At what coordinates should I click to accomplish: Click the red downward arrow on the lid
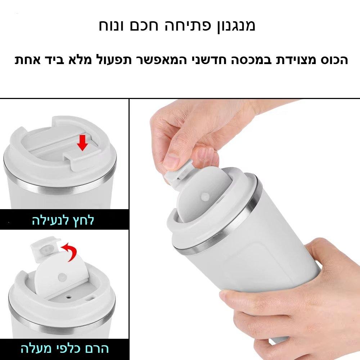click(x=82, y=143)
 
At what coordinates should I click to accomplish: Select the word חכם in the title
click(x=144, y=26)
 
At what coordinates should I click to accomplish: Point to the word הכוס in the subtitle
click(x=334, y=60)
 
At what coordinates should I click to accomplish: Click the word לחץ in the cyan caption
click(x=84, y=220)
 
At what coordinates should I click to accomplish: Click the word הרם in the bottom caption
click(x=96, y=348)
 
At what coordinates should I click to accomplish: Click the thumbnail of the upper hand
click(x=170, y=160)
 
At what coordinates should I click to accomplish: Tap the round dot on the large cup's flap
click(x=205, y=197)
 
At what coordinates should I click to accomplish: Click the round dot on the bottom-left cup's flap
click(x=62, y=277)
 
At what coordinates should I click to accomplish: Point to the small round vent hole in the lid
click(x=68, y=297)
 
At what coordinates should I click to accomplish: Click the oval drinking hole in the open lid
click(x=90, y=299)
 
